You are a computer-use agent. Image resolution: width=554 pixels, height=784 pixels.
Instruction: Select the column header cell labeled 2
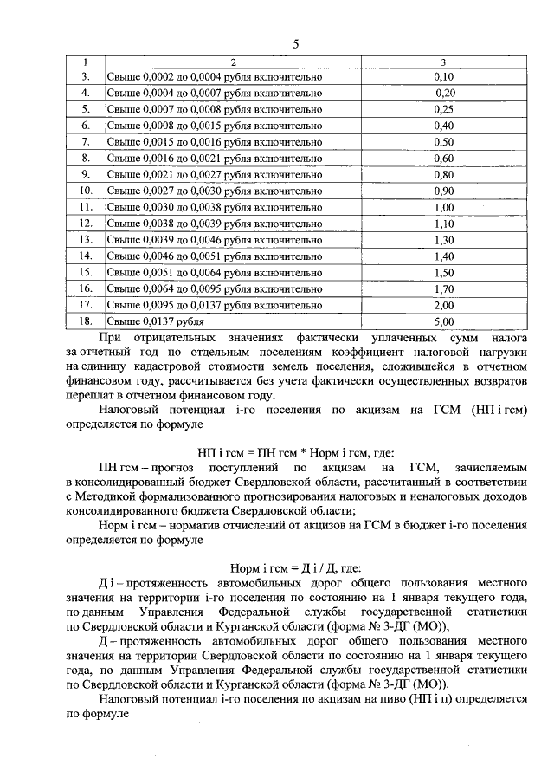(233, 62)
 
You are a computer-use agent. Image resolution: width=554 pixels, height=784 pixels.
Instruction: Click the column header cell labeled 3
(443, 62)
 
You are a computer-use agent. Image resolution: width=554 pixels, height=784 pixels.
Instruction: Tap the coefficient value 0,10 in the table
(443, 77)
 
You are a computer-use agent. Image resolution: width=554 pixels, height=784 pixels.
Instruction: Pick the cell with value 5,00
(443, 321)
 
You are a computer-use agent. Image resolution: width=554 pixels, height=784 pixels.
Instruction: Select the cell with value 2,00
(443, 305)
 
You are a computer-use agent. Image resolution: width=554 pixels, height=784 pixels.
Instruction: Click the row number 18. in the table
(86, 321)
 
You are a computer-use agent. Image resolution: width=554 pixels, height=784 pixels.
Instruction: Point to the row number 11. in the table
(86, 207)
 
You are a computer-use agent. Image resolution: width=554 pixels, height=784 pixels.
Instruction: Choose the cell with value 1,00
(443, 207)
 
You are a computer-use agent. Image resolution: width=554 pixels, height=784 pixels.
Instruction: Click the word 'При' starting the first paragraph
(110, 337)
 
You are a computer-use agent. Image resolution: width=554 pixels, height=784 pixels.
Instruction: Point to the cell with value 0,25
(443, 109)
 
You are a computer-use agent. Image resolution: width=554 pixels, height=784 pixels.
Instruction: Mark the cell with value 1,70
(443, 288)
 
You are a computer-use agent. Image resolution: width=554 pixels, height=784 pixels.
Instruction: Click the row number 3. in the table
(86, 77)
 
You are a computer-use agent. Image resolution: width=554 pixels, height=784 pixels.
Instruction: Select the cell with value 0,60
(443, 159)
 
